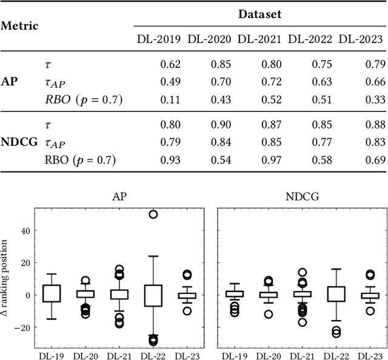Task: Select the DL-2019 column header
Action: pyautogui.click(x=158, y=39)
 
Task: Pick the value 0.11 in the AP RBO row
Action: pyautogui.click(x=170, y=99)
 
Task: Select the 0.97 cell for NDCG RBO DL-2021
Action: pyautogui.click(x=271, y=160)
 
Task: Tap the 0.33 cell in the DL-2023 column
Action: pyautogui.click(x=372, y=99)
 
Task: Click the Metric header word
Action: pyautogui.click(x=19, y=26)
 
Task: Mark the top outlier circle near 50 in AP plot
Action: pyautogui.click(x=153, y=215)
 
